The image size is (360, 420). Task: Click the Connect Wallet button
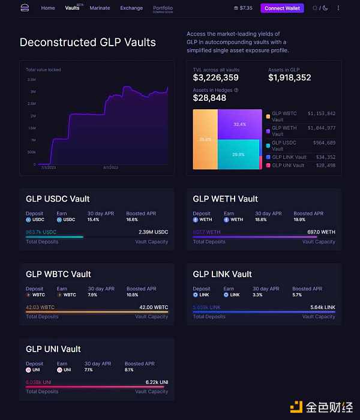coord(283,8)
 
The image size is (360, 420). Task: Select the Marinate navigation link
coord(100,8)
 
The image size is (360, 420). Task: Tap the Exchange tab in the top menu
coord(131,8)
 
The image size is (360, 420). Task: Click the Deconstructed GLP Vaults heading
coord(88,43)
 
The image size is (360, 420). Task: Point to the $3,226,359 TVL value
coord(215,78)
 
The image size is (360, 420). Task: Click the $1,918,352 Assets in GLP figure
coord(289,78)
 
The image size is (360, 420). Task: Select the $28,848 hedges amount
coord(209,98)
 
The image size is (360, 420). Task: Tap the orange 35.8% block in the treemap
coord(205,139)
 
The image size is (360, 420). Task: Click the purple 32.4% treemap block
coord(239,124)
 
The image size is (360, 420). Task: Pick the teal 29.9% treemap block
coord(239,154)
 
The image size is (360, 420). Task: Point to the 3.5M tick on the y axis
coord(31,79)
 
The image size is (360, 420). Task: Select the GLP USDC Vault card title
coord(58,199)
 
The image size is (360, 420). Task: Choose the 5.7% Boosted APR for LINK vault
coord(297,295)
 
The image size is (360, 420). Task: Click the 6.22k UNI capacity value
coord(157,382)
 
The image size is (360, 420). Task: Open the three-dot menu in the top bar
coord(338,8)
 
